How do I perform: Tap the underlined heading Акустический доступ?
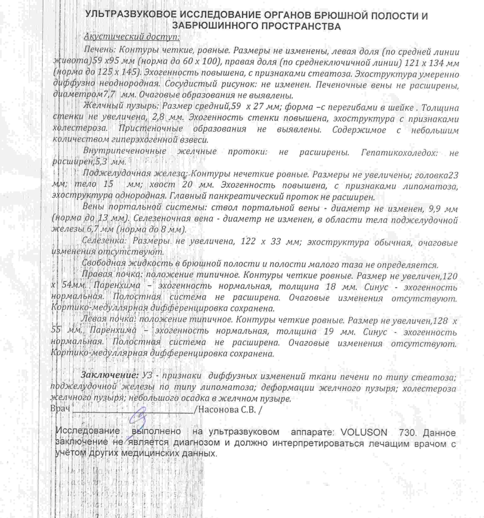tap(132, 37)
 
